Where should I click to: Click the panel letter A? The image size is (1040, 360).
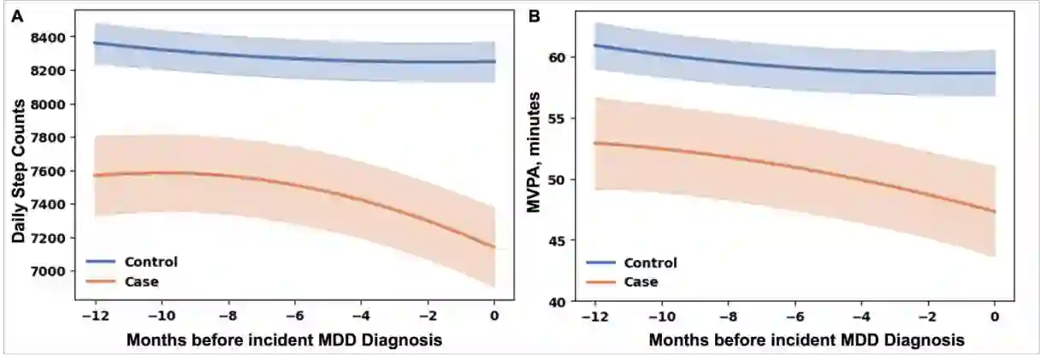click(17, 15)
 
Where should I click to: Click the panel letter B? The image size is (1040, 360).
click(535, 15)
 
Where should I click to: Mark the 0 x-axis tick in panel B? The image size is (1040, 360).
click(995, 316)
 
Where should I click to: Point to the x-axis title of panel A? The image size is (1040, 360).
click(284, 339)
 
